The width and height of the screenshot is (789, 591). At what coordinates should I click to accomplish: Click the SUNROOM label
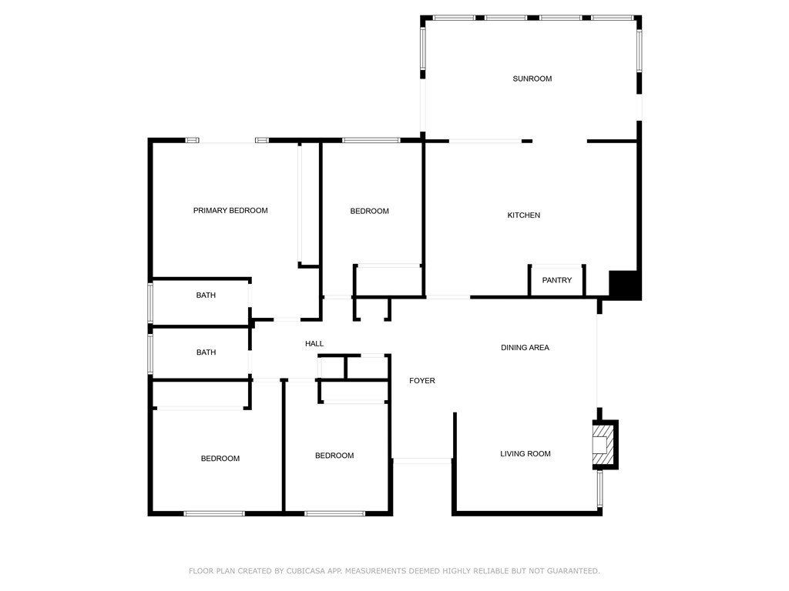coord(532,78)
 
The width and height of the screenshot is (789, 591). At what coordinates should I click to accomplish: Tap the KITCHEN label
coord(523,215)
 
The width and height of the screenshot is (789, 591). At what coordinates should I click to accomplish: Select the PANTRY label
coord(556,280)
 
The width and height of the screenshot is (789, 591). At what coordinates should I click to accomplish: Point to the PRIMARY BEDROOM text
coord(230,211)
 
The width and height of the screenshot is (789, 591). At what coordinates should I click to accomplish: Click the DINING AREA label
coord(525,348)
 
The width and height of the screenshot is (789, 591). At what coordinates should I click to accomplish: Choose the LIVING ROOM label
coord(525,454)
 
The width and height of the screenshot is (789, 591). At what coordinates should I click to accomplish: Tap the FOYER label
coord(421,381)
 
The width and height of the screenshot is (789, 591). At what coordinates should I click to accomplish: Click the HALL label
coord(314,344)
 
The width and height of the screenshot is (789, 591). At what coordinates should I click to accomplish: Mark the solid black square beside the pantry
coord(625,285)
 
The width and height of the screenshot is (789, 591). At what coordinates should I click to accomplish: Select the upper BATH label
coord(206,295)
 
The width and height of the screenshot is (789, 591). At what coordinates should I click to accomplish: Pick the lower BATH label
coord(206,352)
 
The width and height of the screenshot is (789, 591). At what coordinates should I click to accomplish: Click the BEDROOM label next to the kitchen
coord(369,212)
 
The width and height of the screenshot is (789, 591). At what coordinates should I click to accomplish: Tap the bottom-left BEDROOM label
coord(220,459)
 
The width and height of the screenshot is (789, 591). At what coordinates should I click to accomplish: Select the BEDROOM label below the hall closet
coord(334,456)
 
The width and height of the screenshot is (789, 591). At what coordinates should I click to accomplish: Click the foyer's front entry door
coord(422,460)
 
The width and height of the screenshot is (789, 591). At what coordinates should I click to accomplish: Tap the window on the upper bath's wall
coord(151,302)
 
